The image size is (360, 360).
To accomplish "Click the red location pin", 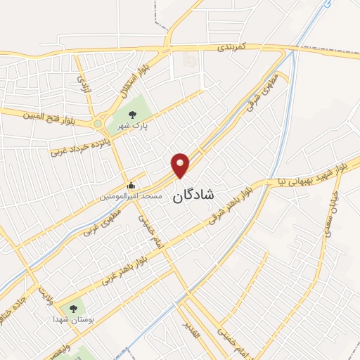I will (181, 165).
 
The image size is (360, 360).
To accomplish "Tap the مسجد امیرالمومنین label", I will (131, 196).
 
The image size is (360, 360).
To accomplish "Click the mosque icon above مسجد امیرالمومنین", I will (131, 186).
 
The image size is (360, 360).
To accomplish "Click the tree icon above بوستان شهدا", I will (73, 308).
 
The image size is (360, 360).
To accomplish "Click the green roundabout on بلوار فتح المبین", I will (98, 124).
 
